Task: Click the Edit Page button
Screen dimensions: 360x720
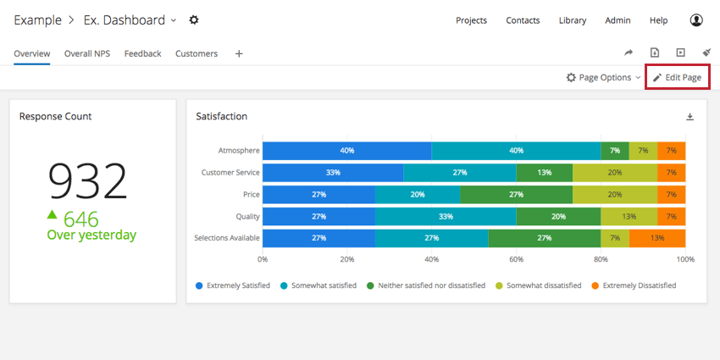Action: coord(677,77)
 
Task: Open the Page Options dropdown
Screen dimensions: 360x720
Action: coord(603,77)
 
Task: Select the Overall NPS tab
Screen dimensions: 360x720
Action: coord(87,53)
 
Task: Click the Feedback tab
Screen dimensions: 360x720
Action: coord(142,53)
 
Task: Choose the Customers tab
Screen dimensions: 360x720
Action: coord(197,53)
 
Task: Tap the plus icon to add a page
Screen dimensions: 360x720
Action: coord(239,53)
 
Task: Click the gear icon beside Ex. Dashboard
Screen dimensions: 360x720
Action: coord(194,19)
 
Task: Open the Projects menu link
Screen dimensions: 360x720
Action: coord(471,20)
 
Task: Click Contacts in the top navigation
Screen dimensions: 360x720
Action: coord(523,20)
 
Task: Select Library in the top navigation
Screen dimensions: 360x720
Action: coord(572,20)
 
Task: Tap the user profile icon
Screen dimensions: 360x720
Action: coord(696,19)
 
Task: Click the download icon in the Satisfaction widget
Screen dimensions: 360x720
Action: coord(690,117)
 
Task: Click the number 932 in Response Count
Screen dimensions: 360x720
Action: coord(87,180)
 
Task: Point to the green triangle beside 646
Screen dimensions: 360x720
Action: coord(53,215)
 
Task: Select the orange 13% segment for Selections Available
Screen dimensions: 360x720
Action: coord(657,238)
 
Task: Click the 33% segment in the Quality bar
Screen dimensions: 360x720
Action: coord(446,216)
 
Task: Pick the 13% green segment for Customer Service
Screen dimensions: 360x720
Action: coord(544,173)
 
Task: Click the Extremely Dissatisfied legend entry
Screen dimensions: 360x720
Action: coord(634,285)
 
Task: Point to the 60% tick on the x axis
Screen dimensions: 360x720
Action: coord(516,259)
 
